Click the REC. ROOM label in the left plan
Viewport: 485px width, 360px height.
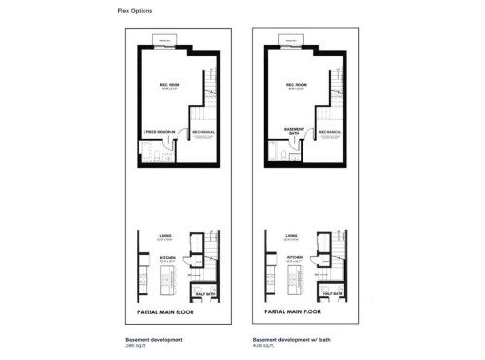pos(171,85)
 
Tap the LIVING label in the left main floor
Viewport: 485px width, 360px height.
pos(166,234)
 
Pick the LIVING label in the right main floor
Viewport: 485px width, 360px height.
pos(291,234)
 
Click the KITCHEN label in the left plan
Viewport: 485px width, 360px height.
pos(166,257)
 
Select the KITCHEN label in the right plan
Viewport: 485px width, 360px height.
pos(291,257)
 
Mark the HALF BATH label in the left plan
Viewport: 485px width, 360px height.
pos(205,293)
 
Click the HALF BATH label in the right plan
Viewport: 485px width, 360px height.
pos(331,293)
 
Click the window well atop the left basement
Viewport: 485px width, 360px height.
pos(171,39)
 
